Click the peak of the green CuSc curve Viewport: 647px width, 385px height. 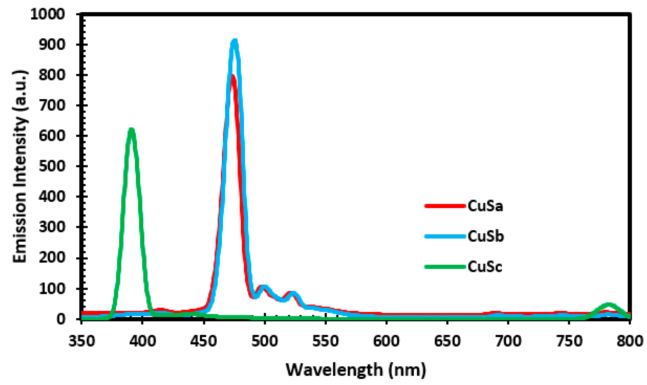pyautogui.click(x=131, y=130)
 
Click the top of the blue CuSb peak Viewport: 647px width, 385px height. pyautogui.click(x=234, y=42)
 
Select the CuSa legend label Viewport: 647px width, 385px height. pyautogui.click(x=485, y=206)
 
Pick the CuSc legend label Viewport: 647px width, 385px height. pyautogui.click(x=485, y=267)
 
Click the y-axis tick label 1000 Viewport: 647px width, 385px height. pyautogui.click(x=47, y=14)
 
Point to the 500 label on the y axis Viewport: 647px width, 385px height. pyautogui.click(x=52, y=166)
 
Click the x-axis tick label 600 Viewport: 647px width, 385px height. pyautogui.click(x=386, y=341)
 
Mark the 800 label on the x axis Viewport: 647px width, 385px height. pyautogui.click(x=630, y=341)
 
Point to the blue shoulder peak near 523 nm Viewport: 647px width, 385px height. pyautogui.click(x=293, y=294)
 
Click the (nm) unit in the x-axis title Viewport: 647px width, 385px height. pyautogui.click(x=407, y=370)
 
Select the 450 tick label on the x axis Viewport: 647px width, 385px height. pyautogui.click(x=204, y=341)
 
